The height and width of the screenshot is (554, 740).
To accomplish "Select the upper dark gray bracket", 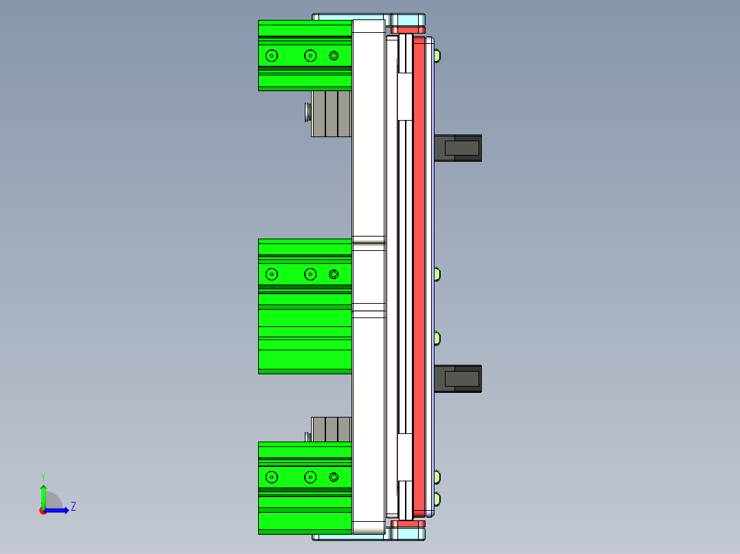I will [459, 147].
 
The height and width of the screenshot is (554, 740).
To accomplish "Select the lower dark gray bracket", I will [459, 378].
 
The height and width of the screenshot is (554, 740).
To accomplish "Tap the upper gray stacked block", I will [331, 113].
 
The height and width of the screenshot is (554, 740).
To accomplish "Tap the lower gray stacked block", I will [331, 429].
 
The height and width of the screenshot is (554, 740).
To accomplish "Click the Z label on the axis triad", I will [73, 507].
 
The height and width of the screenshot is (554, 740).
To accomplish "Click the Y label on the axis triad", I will [43, 475].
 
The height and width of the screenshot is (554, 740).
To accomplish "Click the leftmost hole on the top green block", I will [272, 56].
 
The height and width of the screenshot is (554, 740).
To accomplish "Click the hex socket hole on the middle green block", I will [334, 274].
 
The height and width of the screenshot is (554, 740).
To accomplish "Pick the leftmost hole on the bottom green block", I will [272, 477].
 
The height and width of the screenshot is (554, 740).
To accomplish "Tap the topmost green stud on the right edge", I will [437, 55].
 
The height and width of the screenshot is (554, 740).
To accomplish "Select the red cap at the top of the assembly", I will [408, 30].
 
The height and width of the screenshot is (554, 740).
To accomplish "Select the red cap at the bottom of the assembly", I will [408, 524].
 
